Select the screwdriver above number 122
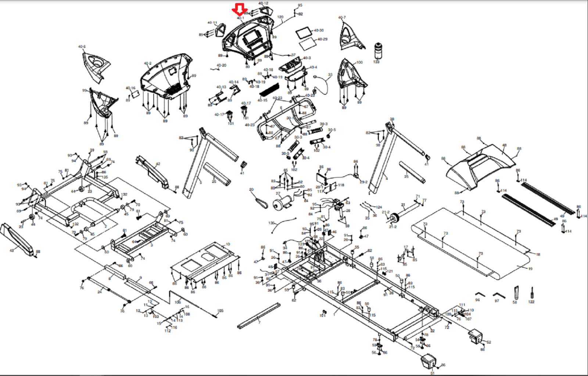coord(531,293)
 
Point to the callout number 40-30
coord(319,30)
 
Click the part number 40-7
coord(342,18)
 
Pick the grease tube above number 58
coord(516,293)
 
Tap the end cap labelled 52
coord(476,337)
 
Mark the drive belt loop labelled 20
coord(262,202)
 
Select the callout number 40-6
coord(82,47)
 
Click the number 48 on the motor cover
coord(504,145)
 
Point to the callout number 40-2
coord(147,63)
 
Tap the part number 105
coord(220,311)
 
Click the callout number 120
coord(280,17)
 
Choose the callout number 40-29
coord(322,39)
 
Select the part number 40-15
coord(262,100)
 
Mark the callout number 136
coord(271,223)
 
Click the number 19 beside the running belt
coord(530,269)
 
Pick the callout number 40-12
coord(263,3)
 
